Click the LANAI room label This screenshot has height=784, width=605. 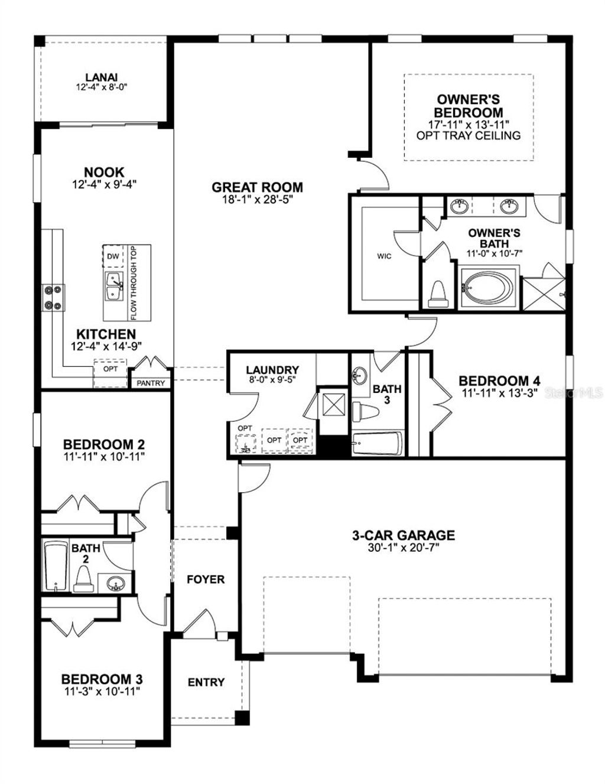coord(102,77)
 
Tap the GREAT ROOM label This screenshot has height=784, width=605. coord(257,187)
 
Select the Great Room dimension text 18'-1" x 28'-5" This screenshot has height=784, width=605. coord(257,200)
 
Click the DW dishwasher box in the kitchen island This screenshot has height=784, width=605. coord(113,256)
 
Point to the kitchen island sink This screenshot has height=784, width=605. coord(113,285)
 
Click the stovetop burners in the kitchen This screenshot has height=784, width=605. coord(52,297)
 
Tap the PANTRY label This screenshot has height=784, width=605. coord(151,383)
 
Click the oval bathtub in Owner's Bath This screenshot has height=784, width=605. coord(490,289)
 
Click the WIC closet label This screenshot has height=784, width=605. coord(385,256)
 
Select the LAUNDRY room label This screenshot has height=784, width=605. coord(272,370)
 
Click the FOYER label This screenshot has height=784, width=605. coord(206,579)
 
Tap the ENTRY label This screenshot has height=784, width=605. coord(206,682)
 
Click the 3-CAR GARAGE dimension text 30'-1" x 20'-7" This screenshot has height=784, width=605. coord(404,548)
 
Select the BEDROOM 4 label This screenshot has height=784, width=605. coord(499,381)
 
